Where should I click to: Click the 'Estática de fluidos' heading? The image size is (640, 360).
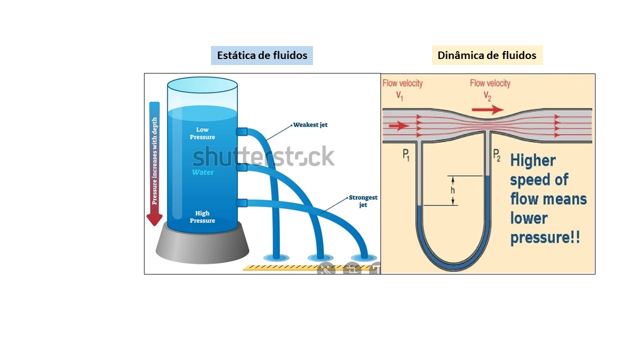tap(262, 55)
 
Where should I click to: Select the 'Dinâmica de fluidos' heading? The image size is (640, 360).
tap(487, 55)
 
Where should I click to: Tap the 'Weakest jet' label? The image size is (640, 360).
tap(310, 125)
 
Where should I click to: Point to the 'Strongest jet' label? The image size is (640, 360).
tap(363, 201)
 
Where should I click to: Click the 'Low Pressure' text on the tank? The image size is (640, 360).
tap(202, 133)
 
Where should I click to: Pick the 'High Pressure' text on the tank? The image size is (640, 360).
tap(202, 217)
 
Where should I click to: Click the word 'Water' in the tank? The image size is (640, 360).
tap(203, 172)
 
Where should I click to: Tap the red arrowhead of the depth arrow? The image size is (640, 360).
tap(154, 219)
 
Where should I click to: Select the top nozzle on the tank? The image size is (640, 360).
tap(241, 131)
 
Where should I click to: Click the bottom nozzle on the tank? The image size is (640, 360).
tap(241, 203)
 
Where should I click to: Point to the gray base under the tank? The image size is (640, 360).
tap(202, 245)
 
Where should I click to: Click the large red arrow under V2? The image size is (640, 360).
tap(487, 109)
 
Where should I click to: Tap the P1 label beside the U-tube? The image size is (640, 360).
tap(406, 155)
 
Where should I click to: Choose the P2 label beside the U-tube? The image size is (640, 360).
tap(497, 155)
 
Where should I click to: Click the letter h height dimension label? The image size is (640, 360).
tap(452, 190)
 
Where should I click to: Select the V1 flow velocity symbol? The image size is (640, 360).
tap(399, 96)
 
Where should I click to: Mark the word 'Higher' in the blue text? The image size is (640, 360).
tap(533, 160)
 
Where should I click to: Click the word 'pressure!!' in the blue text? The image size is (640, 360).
tap(545, 237)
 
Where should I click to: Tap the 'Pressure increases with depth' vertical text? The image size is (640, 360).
tap(154, 161)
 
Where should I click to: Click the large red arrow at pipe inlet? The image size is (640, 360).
tap(399, 125)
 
